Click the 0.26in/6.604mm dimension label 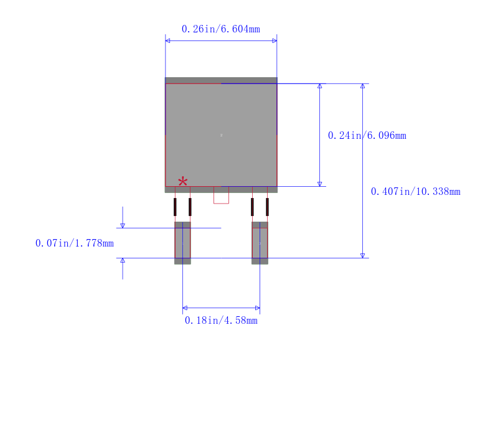coord(220,29)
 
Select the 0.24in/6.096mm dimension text coord(367,135)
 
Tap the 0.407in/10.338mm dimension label coord(415,191)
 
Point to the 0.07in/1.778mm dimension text coord(74,243)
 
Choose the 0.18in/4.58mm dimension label coord(221,320)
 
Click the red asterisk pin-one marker coord(182,181)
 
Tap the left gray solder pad coord(182,243)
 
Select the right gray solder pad coord(260,243)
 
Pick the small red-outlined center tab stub coord(221,195)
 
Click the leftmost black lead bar coord(175,207)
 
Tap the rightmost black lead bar coord(267,207)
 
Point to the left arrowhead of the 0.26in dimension coord(168,40)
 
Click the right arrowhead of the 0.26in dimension coord(274,40)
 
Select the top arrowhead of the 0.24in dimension coord(320,86)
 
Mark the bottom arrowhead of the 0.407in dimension coord(362,255)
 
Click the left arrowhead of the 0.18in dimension coord(185,308)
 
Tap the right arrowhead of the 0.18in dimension coord(257,308)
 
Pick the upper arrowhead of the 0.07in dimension coord(123,225)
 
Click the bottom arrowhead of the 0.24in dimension coord(320,184)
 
